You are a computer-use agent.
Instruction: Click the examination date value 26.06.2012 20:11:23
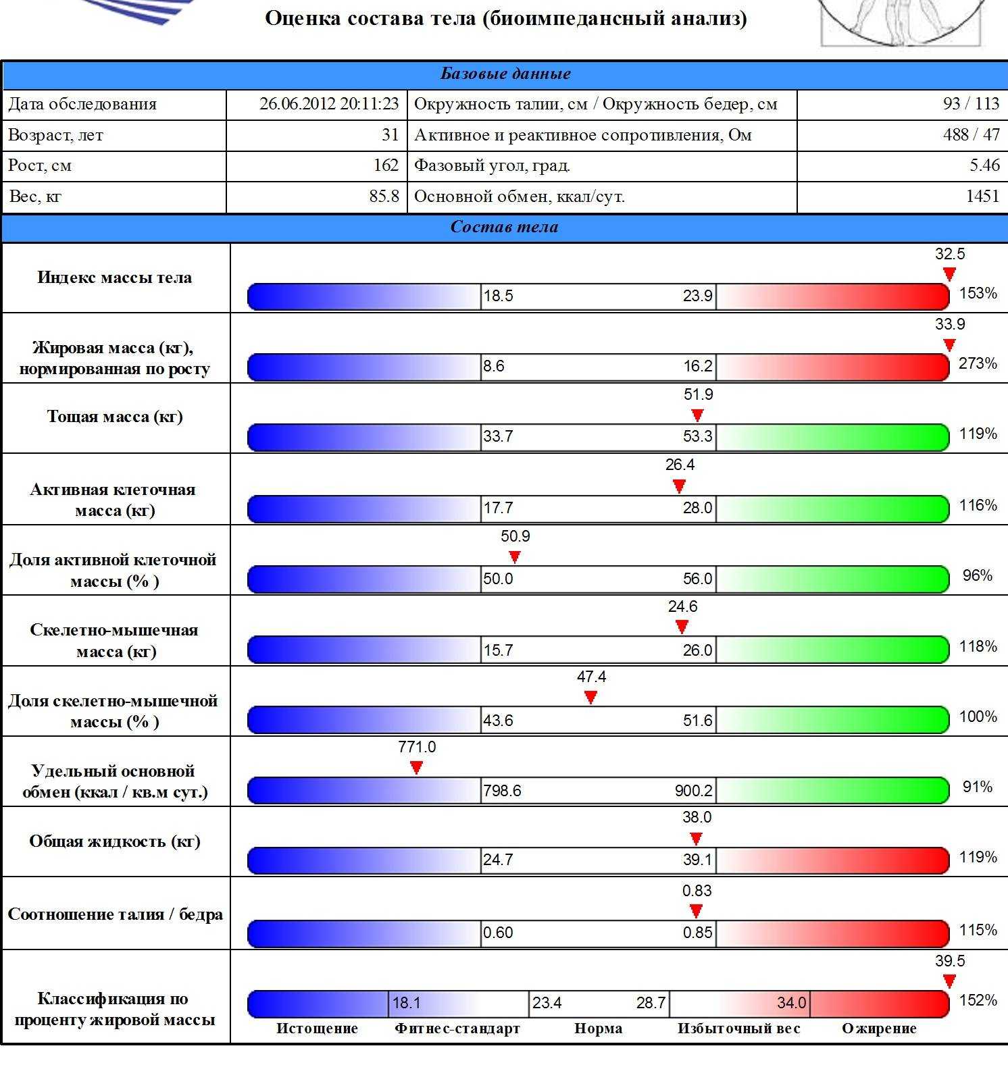pos(329,104)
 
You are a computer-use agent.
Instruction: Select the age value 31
pos(390,134)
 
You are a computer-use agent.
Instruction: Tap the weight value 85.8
pos(384,197)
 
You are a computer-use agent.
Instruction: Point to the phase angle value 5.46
pos(984,165)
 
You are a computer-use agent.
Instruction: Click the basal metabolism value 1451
pos(982,197)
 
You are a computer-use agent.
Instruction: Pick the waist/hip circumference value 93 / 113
pos(971,104)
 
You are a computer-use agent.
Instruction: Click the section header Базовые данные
pos(505,74)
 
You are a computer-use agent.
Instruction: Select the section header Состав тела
pos(504,227)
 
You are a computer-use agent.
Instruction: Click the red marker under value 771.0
pos(417,768)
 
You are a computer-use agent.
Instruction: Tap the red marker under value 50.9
pos(515,557)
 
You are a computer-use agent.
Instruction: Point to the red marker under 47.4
pos(590,698)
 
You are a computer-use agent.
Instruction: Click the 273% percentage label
pos(978,364)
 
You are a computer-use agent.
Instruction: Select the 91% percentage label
pos(978,787)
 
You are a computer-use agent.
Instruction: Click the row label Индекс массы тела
pos(115,278)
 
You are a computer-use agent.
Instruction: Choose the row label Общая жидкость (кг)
pos(115,841)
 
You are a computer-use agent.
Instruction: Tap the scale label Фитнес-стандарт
pos(457,1029)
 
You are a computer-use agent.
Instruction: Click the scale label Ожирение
pos(879,1029)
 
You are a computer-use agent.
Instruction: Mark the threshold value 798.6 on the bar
pos(502,791)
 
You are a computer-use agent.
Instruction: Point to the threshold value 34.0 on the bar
pos(792,1004)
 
